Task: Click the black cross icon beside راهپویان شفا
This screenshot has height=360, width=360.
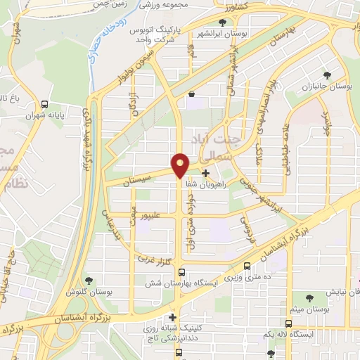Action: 205,172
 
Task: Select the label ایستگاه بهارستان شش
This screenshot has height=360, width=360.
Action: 182,282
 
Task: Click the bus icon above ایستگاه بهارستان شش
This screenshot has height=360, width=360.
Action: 182,272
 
